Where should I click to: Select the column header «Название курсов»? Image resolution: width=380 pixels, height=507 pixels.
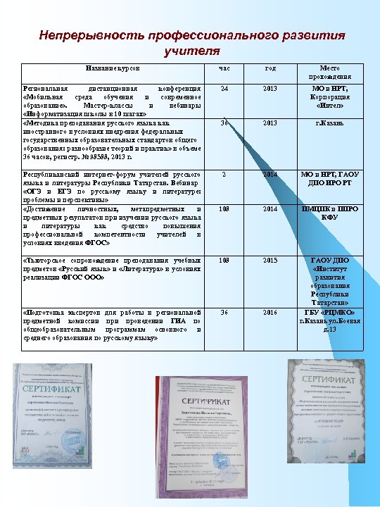(113, 68)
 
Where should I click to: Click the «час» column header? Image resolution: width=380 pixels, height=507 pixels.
(224, 68)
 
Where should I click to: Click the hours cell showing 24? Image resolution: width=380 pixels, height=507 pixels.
(224, 89)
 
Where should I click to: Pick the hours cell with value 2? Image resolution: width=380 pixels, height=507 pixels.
(224, 174)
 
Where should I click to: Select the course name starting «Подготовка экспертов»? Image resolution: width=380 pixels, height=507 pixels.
(111, 325)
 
